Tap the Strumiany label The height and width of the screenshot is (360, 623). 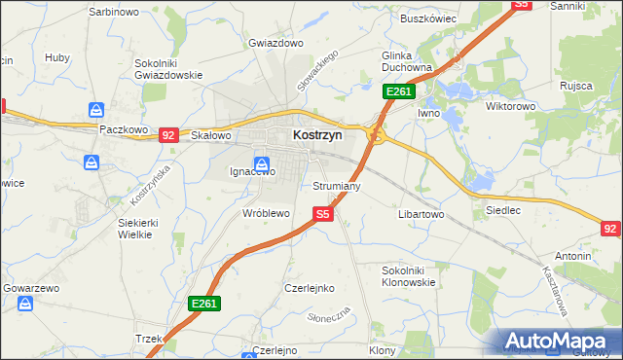click(337, 185)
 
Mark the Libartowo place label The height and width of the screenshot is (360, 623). click(421, 213)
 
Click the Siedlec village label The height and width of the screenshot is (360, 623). click(502, 209)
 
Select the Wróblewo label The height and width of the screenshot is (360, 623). click(266, 212)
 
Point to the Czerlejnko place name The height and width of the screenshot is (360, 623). click(309, 288)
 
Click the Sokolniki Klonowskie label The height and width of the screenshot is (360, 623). click(409, 275)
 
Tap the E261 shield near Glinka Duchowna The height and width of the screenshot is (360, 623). click(399, 91)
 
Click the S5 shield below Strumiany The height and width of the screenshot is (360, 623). click(323, 214)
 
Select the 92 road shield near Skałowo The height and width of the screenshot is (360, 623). click(168, 135)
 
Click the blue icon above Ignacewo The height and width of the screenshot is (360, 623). click(261, 163)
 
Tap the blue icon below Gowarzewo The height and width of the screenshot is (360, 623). click(25, 305)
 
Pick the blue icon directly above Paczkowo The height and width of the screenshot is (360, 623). click(96, 111)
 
